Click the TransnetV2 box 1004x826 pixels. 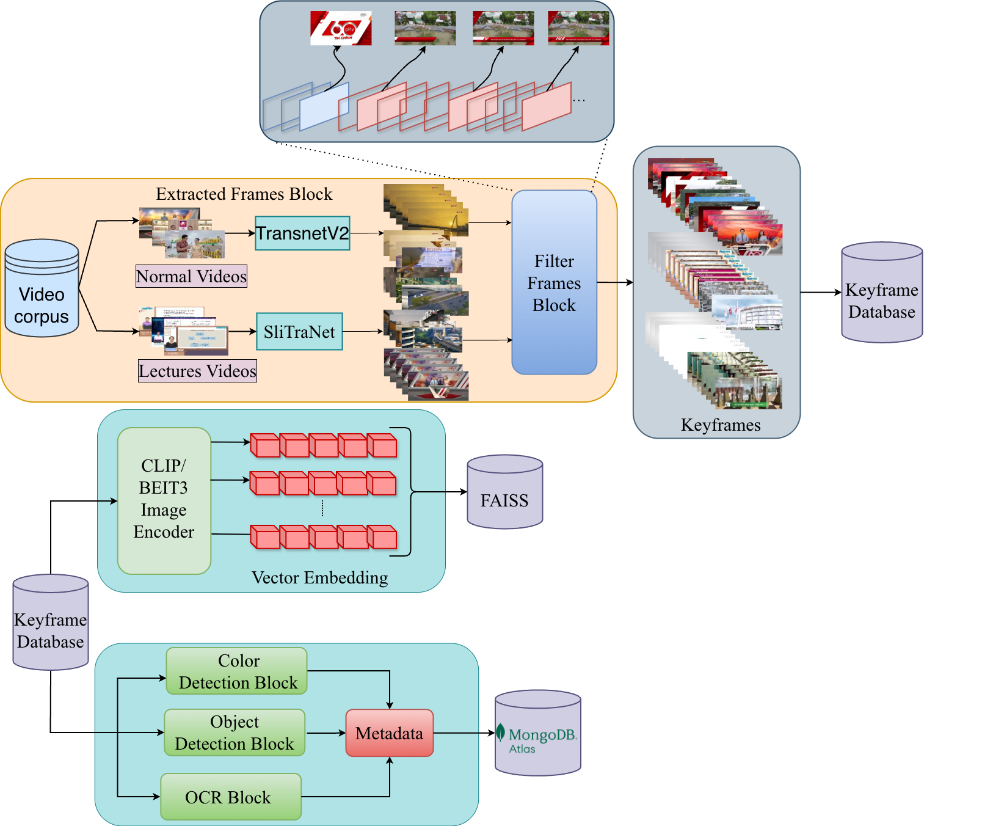point(302,233)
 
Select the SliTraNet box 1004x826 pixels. point(299,332)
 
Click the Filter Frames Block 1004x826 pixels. point(554,283)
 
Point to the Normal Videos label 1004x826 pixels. point(191,277)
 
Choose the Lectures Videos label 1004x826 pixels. point(197,371)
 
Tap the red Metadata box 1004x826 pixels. point(389,733)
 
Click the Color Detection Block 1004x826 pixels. point(237,671)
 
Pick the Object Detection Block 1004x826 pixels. point(235,733)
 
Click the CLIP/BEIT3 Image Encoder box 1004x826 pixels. point(164,500)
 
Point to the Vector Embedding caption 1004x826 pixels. point(319,578)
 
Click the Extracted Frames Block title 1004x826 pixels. point(244,194)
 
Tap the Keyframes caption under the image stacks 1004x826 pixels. point(721,425)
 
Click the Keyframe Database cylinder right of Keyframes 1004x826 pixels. point(881,293)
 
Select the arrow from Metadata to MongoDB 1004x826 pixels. point(464,733)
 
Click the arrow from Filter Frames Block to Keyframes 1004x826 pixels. point(614,282)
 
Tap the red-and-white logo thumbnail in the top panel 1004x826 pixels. point(340,28)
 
